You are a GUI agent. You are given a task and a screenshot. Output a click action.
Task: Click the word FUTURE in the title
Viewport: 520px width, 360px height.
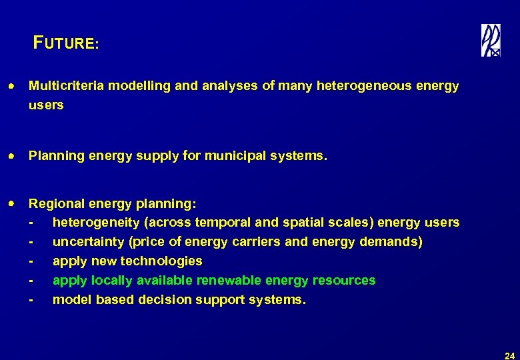click(x=65, y=44)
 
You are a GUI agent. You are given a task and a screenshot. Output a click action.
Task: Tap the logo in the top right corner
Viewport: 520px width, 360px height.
click(x=491, y=41)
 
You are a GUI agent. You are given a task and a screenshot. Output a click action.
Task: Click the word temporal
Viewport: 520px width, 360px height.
click(x=225, y=222)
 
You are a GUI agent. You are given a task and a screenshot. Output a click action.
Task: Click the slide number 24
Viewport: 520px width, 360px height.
click(x=509, y=355)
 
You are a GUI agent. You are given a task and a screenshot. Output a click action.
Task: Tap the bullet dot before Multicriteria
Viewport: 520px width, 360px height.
click(x=13, y=87)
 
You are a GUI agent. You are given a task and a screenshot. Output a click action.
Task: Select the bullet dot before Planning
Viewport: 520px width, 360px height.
click(x=13, y=157)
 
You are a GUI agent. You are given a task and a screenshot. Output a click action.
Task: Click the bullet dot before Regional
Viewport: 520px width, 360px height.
click(x=13, y=203)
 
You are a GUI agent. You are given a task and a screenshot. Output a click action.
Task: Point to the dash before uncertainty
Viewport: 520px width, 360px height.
click(x=31, y=242)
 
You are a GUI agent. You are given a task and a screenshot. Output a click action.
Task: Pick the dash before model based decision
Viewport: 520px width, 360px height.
click(x=31, y=300)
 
